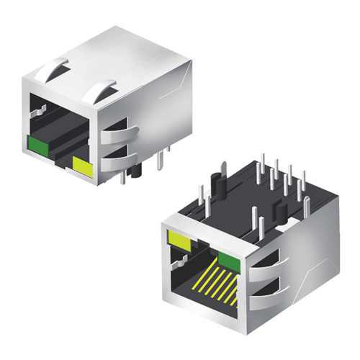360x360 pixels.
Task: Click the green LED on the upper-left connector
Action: point(37,146)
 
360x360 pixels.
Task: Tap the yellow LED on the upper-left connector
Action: point(83,168)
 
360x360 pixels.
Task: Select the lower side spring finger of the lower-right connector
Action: point(266,294)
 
